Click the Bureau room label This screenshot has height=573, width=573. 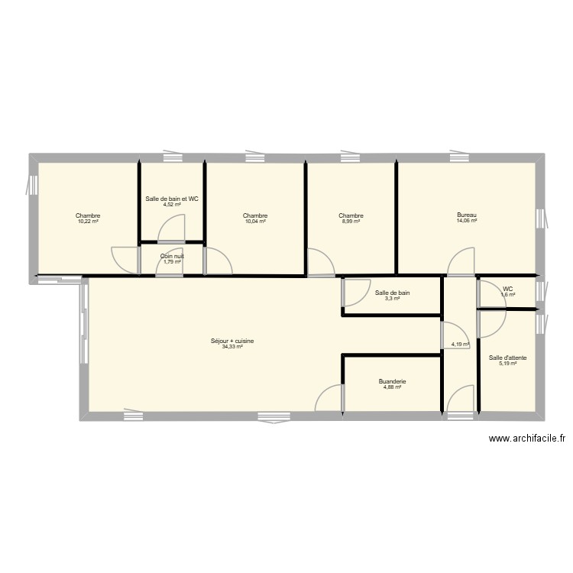(467, 215)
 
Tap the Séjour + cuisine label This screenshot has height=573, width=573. (232, 341)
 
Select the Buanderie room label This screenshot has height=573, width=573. (392, 381)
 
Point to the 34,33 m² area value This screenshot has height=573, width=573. (232, 346)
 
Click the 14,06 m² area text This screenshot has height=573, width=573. (467, 221)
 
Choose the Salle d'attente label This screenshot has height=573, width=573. (507, 358)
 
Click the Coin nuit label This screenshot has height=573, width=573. (172, 256)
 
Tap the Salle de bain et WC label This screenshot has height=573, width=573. (172, 199)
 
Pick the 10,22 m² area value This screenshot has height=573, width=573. (88, 221)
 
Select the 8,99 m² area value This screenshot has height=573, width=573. (351, 221)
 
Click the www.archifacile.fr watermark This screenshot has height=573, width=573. (527, 439)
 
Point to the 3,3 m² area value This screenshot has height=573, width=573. (392, 298)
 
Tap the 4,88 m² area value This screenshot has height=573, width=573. (392, 387)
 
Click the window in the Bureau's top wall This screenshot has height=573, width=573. (459, 157)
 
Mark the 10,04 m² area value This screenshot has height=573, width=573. (255, 221)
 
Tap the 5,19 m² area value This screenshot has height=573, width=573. (507, 363)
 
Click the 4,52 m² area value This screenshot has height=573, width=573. (172, 204)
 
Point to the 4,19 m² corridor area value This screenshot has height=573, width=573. (460, 344)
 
